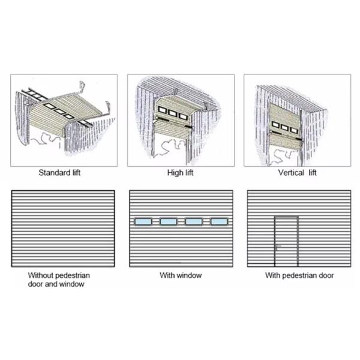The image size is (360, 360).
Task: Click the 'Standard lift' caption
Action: coord(59,173)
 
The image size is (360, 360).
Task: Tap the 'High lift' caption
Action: coord(180,173)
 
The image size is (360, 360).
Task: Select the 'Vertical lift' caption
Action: coord(298,173)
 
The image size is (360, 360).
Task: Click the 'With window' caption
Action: coord(181,275)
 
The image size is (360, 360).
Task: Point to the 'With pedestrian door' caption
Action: coord(299,275)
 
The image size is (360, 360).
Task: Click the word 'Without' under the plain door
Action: coord(41,275)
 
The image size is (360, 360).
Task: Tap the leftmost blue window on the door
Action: coord(143,222)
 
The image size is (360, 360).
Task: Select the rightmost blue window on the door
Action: coord(219,222)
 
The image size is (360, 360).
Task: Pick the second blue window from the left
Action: coord(168,222)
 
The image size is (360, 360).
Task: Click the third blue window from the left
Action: coord(194,222)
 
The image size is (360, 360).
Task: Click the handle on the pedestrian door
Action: coord(278,247)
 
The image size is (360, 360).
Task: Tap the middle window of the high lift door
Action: coord(172,113)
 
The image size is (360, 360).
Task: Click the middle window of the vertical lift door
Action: coord(284,127)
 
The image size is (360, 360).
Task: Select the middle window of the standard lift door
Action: coord(59,112)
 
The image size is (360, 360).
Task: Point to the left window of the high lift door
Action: coord(162,110)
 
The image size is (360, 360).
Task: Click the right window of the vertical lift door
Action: coord(294,130)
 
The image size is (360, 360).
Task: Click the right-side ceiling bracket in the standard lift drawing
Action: coord(107,107)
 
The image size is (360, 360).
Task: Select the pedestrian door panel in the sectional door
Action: coord(286,241)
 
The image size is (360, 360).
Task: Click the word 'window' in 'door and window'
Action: coord(72,284)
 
